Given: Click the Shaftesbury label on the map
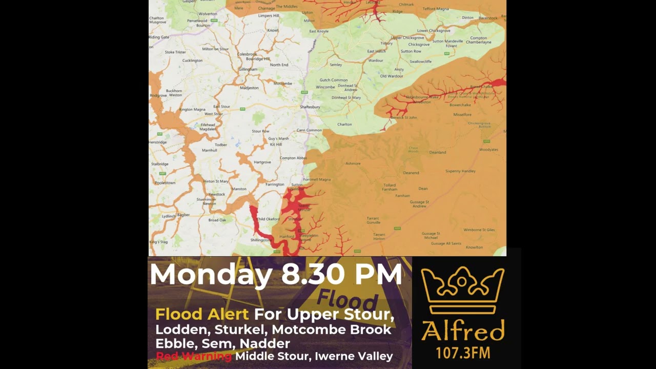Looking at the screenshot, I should (310, 107).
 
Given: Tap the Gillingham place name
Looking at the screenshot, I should (248, 69).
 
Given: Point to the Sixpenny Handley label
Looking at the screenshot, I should (460, 171).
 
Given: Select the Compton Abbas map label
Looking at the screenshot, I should (294, 158).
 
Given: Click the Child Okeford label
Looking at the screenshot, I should (268, 219).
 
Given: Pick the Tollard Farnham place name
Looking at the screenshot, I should (389, 187).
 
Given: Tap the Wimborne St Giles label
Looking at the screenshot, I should (479, 230).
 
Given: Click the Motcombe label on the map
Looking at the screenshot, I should (282, 84).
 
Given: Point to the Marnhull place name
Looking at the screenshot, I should (210, 151).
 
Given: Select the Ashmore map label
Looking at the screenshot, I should (353, 163).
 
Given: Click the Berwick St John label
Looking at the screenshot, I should (404, 117).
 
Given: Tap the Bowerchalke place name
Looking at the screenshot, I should (460, 105).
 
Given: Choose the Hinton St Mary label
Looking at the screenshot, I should (216, 181).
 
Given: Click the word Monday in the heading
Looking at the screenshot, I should (211, 275).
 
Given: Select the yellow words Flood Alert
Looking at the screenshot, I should (201, 314).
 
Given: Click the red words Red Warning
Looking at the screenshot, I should (193, 356).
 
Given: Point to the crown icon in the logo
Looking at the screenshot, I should (462, 290).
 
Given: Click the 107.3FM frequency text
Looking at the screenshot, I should (462, 353).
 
